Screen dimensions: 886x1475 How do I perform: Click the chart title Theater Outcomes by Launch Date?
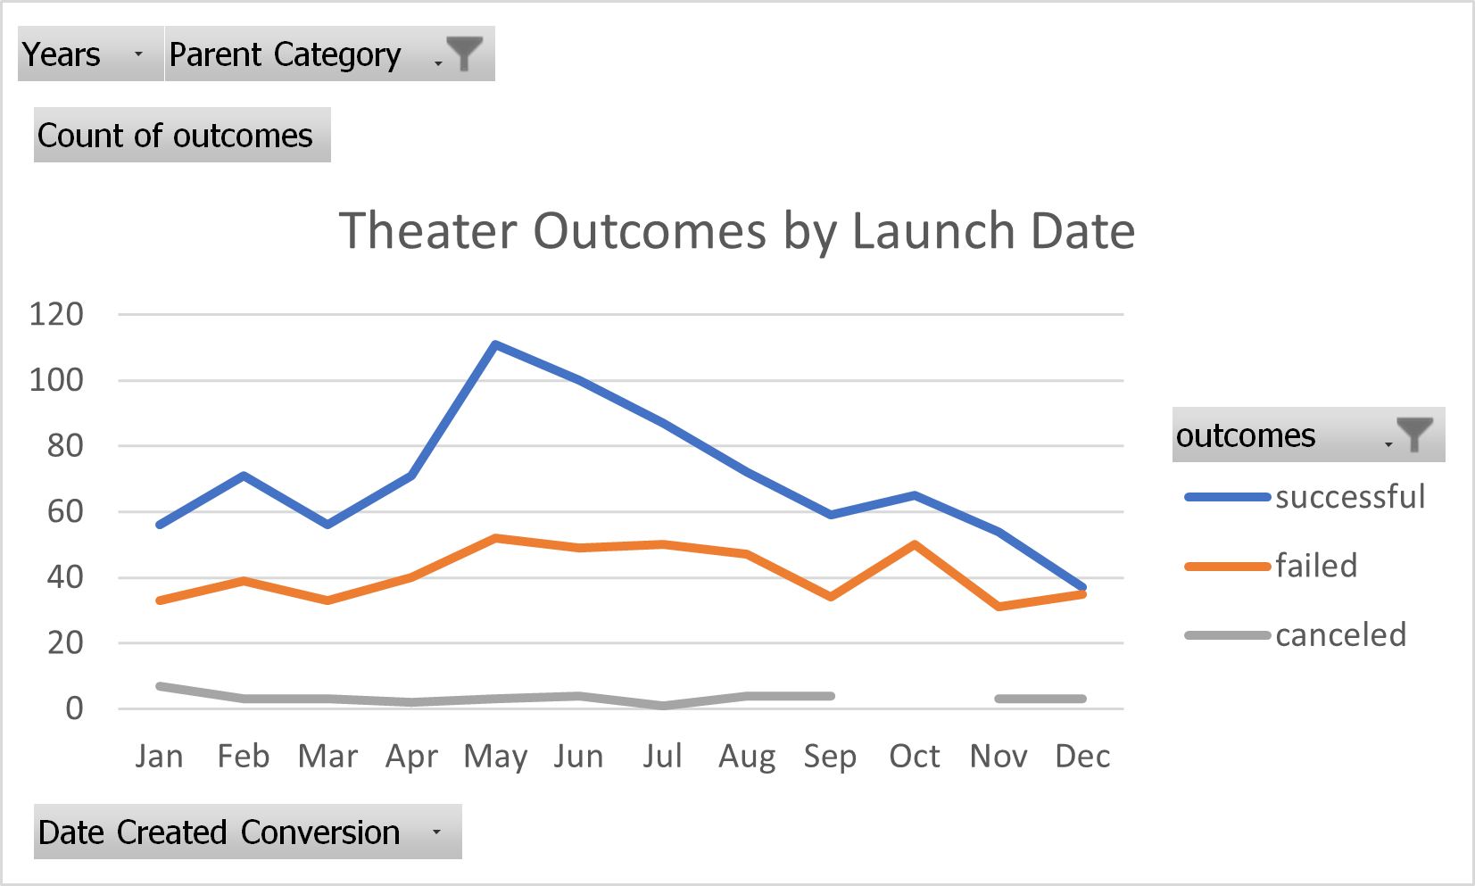[736, 231]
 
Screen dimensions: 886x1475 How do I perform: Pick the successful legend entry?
[1349, 497]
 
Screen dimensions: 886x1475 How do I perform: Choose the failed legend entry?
[1315, 566]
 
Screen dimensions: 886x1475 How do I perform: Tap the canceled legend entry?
[1340, 635]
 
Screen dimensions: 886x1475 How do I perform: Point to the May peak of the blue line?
[495, 344]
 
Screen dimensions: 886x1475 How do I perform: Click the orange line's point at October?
[916, 543]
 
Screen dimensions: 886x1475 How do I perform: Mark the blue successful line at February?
[244, 476]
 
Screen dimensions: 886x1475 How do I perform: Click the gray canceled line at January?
[160, 686]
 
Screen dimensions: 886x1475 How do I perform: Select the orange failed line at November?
[999, 607]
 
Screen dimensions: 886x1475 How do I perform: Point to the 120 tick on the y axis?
[56, 314]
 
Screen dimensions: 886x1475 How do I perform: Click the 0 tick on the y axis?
[74, 708]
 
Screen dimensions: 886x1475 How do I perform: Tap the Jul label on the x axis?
[663, 757]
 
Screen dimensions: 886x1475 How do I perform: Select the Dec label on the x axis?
[1082, 757]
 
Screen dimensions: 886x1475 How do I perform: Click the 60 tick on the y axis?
[65, 511]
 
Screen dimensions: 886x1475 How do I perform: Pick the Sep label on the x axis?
[830, 757]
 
